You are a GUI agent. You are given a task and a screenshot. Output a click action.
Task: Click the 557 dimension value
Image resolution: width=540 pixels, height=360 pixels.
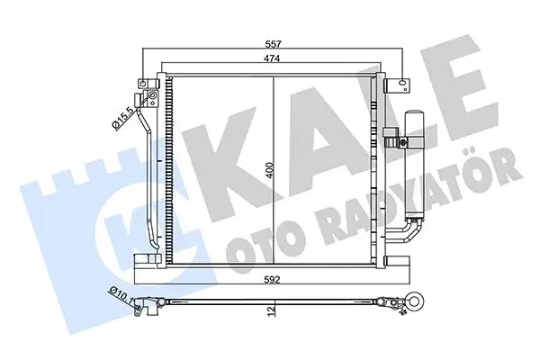pos(273,44)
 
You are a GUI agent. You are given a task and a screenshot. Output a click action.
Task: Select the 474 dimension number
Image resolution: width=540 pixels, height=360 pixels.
pos(273,58)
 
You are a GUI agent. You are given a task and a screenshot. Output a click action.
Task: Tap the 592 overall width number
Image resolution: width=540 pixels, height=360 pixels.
pos(272,279)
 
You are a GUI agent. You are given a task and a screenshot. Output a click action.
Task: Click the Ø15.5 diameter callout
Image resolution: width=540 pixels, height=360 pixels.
pos(122,118)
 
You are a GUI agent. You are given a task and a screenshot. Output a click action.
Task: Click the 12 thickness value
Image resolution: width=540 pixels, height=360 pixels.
pos(272,311)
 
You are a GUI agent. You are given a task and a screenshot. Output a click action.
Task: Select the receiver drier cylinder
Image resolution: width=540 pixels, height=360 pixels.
pos(414,165)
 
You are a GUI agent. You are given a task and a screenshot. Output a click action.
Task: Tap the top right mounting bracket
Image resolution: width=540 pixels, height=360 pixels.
pos(398,85)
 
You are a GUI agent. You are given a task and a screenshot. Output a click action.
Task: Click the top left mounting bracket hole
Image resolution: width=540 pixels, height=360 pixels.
pos(142,84)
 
